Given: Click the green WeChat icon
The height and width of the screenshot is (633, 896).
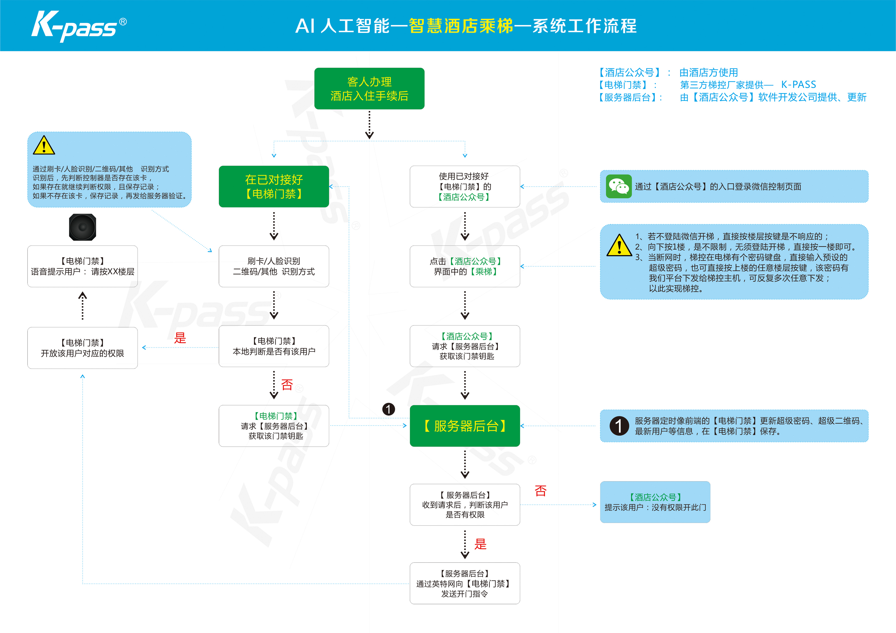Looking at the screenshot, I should click(x=619, y=187).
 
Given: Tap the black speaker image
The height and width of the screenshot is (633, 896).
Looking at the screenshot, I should click(x=82, y=227).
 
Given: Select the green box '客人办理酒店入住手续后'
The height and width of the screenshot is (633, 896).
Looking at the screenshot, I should click(x=369, y=89).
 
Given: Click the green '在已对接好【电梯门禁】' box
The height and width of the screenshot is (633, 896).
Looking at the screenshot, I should click(x=274, y=187).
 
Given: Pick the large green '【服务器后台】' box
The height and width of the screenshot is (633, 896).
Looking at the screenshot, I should click(x=464, y=426).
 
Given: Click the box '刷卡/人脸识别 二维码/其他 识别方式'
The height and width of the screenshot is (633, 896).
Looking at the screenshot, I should click(x=274, y=267).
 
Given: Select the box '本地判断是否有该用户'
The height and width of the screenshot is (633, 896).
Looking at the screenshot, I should click(x=274, y=346).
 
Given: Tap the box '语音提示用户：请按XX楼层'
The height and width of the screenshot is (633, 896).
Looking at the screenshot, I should click(x=82, y=267).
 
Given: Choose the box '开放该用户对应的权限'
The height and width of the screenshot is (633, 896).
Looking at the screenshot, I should click(x=82, y=348).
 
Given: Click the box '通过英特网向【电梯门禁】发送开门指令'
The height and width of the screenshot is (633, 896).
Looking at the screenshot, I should click(x=464, y=583).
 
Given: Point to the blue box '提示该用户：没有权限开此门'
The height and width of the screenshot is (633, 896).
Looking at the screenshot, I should click(x=655, y=502).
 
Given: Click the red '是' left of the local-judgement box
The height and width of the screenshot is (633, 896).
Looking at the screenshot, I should click(x=180, y=338).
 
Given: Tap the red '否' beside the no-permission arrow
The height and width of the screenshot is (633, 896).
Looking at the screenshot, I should click(x=541, y=491).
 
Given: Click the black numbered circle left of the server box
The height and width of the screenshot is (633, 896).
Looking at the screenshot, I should click(x=388, y=409).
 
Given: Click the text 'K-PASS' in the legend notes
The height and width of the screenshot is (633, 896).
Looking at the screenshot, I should click(x=798, y=85).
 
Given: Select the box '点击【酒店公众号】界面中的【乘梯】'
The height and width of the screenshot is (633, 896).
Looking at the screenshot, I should click(x=464, y=267).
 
